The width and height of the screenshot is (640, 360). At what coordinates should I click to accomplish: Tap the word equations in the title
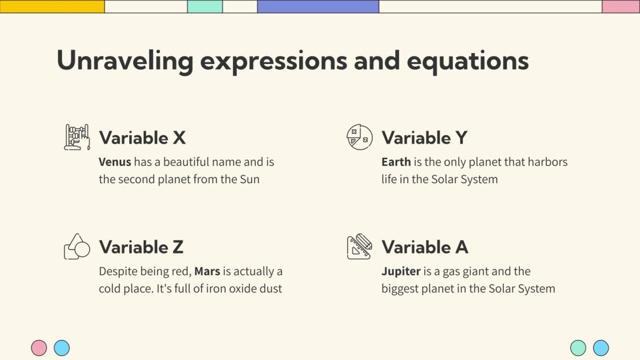pyautogui.click(x=467, y=61)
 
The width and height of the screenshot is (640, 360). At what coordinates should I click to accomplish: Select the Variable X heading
pyautogui.click(x=142, y=138)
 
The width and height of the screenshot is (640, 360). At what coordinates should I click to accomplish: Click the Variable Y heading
pyautogui.click(x=424, y=138)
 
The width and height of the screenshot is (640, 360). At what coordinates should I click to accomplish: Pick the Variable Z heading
pyautogui.click(x=141, y=247)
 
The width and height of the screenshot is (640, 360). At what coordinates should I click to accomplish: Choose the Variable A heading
pyautogui.click(x=425, y=247)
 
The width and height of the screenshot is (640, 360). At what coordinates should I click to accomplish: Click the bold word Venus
pyautogui.click(x=115, y=162)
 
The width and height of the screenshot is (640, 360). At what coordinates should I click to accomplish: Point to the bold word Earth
pyautogui.click(x=396, y=162)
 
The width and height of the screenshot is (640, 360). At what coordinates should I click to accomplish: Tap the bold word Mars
pyautogui.click(x=207, y=271)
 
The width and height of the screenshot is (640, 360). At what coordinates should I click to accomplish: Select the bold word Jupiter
pyautogui.click(x=401, y=271)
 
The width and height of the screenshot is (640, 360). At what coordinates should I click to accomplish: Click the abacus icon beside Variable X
pyautogui.click(x=77, y=137)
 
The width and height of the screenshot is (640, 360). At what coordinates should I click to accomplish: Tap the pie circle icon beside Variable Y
pyautogui.click(x=359, y=137)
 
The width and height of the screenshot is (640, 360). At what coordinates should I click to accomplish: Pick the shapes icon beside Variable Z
pyautogui.click(x=77, y=247)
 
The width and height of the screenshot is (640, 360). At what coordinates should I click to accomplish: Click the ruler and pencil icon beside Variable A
pyautogui.click(x=359, y=247)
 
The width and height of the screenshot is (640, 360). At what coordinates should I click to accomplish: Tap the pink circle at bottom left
pyautogui.click(x=39, y=348)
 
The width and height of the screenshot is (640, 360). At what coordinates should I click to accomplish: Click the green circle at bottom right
pyautogui.click(x=578, y=348)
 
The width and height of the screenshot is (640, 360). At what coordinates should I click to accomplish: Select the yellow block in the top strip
pyautogui.click(x=52, y=6)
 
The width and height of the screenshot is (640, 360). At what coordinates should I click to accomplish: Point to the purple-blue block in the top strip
pyautogui.click(x=318, y=6)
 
